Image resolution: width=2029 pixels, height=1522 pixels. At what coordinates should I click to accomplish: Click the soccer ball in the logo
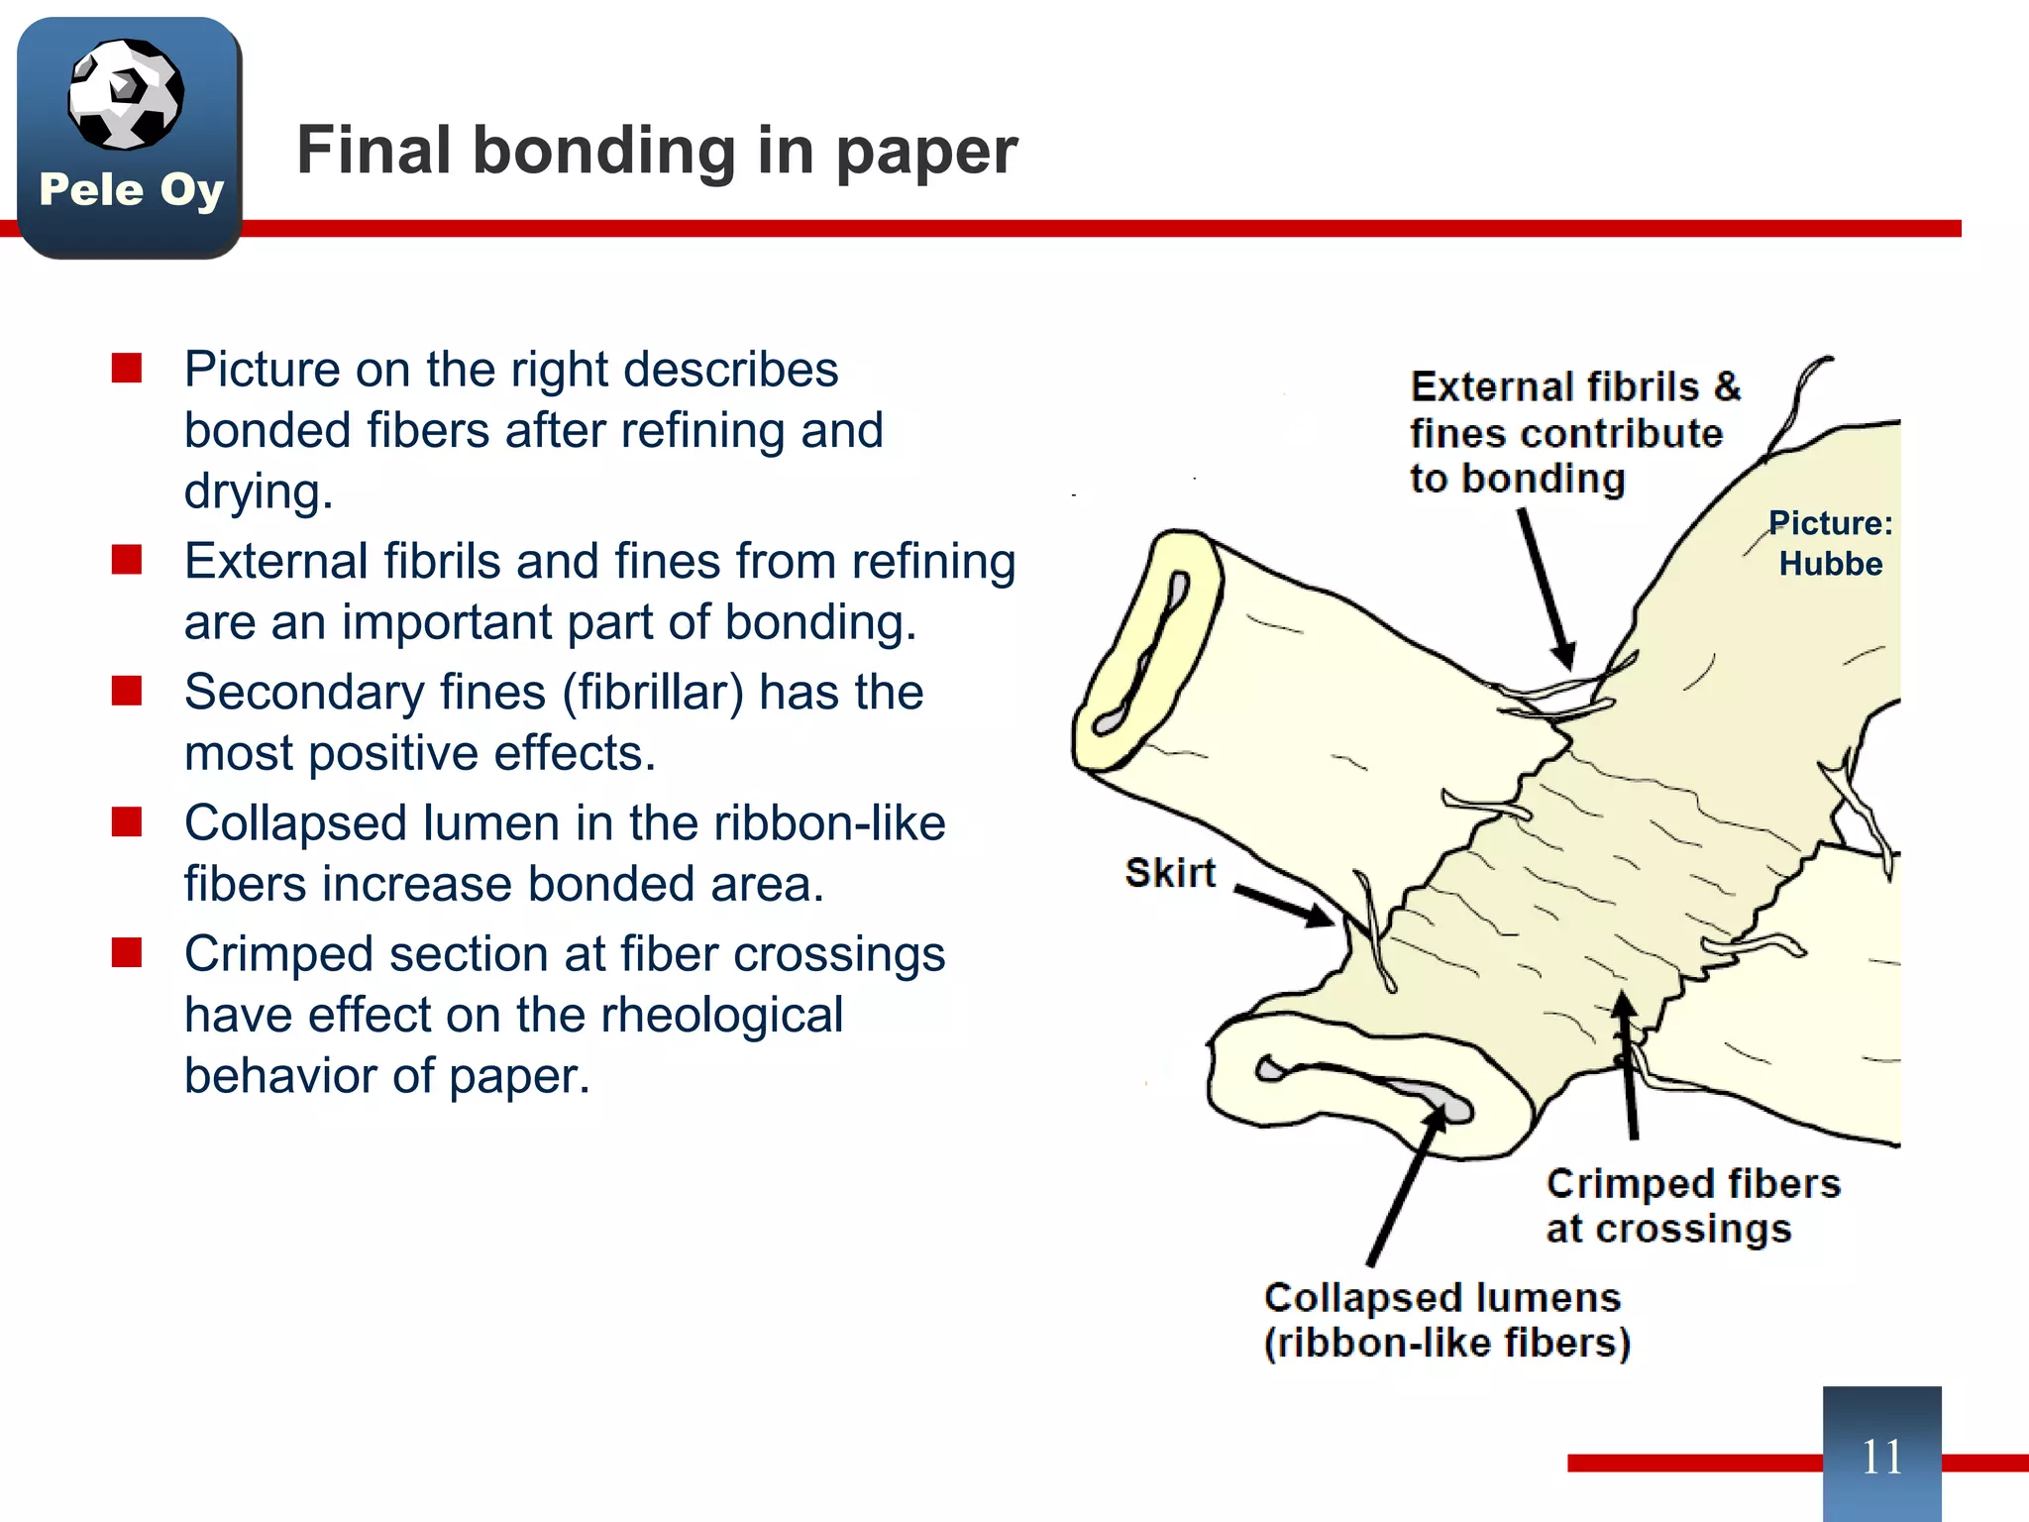pos(126,94)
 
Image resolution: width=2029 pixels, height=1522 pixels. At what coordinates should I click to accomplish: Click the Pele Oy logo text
pos(132,189)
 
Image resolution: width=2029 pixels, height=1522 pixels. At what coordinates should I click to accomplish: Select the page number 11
pos(1881,1457)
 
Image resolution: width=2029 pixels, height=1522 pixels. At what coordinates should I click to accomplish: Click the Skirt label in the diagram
pos(1170,873)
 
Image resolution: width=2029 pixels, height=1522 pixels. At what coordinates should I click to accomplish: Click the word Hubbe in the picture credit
pos(1830,564)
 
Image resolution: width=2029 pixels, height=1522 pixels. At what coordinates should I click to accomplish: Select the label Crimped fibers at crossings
pos(1692,1206)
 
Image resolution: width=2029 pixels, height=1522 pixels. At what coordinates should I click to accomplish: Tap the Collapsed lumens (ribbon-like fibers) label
pos(1446,1320)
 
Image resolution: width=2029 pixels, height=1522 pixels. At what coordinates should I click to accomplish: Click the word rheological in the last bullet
pos(721,1015)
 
